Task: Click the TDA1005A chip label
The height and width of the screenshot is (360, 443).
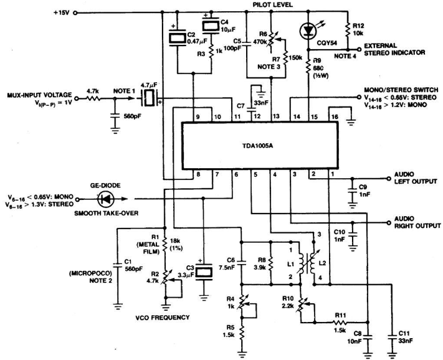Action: click(x=259, y=146)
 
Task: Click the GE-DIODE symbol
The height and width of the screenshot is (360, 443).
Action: click(x=106, y=199)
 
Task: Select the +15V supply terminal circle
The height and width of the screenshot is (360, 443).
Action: click(x=75, y=12)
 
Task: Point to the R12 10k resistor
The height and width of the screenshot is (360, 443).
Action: click(x=348, y=30)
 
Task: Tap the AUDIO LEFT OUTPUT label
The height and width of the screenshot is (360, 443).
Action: click(x=416, y=178)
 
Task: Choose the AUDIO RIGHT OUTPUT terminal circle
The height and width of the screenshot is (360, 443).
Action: click(x=390, y=222)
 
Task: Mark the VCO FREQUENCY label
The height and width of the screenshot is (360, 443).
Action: click(x=162, y=318)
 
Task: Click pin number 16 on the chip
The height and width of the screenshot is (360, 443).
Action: click(x=335, y=116)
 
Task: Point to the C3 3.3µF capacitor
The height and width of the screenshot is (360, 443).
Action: click(x=203, y=272)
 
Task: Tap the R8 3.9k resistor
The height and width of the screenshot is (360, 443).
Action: click(x=271, y=263)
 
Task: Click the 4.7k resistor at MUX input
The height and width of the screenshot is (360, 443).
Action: click(x=92, y=98)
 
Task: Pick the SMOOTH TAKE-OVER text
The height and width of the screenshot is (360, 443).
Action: click(x=107, y=213)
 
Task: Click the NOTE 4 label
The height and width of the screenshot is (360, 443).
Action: click(x=345, y=56)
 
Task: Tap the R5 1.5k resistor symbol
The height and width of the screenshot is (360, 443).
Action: click(x=242, y=333)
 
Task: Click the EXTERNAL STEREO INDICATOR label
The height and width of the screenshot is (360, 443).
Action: click(x=394, y=49)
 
